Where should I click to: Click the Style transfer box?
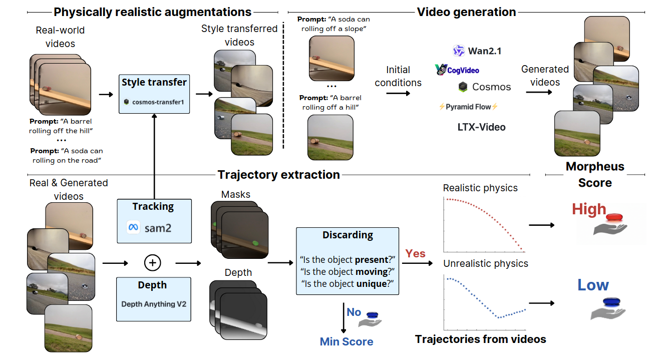coord(154,93)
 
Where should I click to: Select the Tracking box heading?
coord(153,206)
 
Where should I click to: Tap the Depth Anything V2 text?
coord(153,304)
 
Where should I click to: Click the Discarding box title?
coord(348,235)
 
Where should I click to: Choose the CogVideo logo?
coord(458,70)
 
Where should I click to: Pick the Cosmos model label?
coord(485,87)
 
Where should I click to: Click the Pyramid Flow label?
coord(468,107)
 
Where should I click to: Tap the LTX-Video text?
coord(482,127)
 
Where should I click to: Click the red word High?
coord(589,209)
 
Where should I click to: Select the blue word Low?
coord(593,285)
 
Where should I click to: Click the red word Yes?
coord(415,253)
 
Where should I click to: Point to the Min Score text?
coord(347,341)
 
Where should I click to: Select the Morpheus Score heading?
coord(595,174)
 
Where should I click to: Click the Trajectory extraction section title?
coord(278,175)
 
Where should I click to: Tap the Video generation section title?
coord(466,12)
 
